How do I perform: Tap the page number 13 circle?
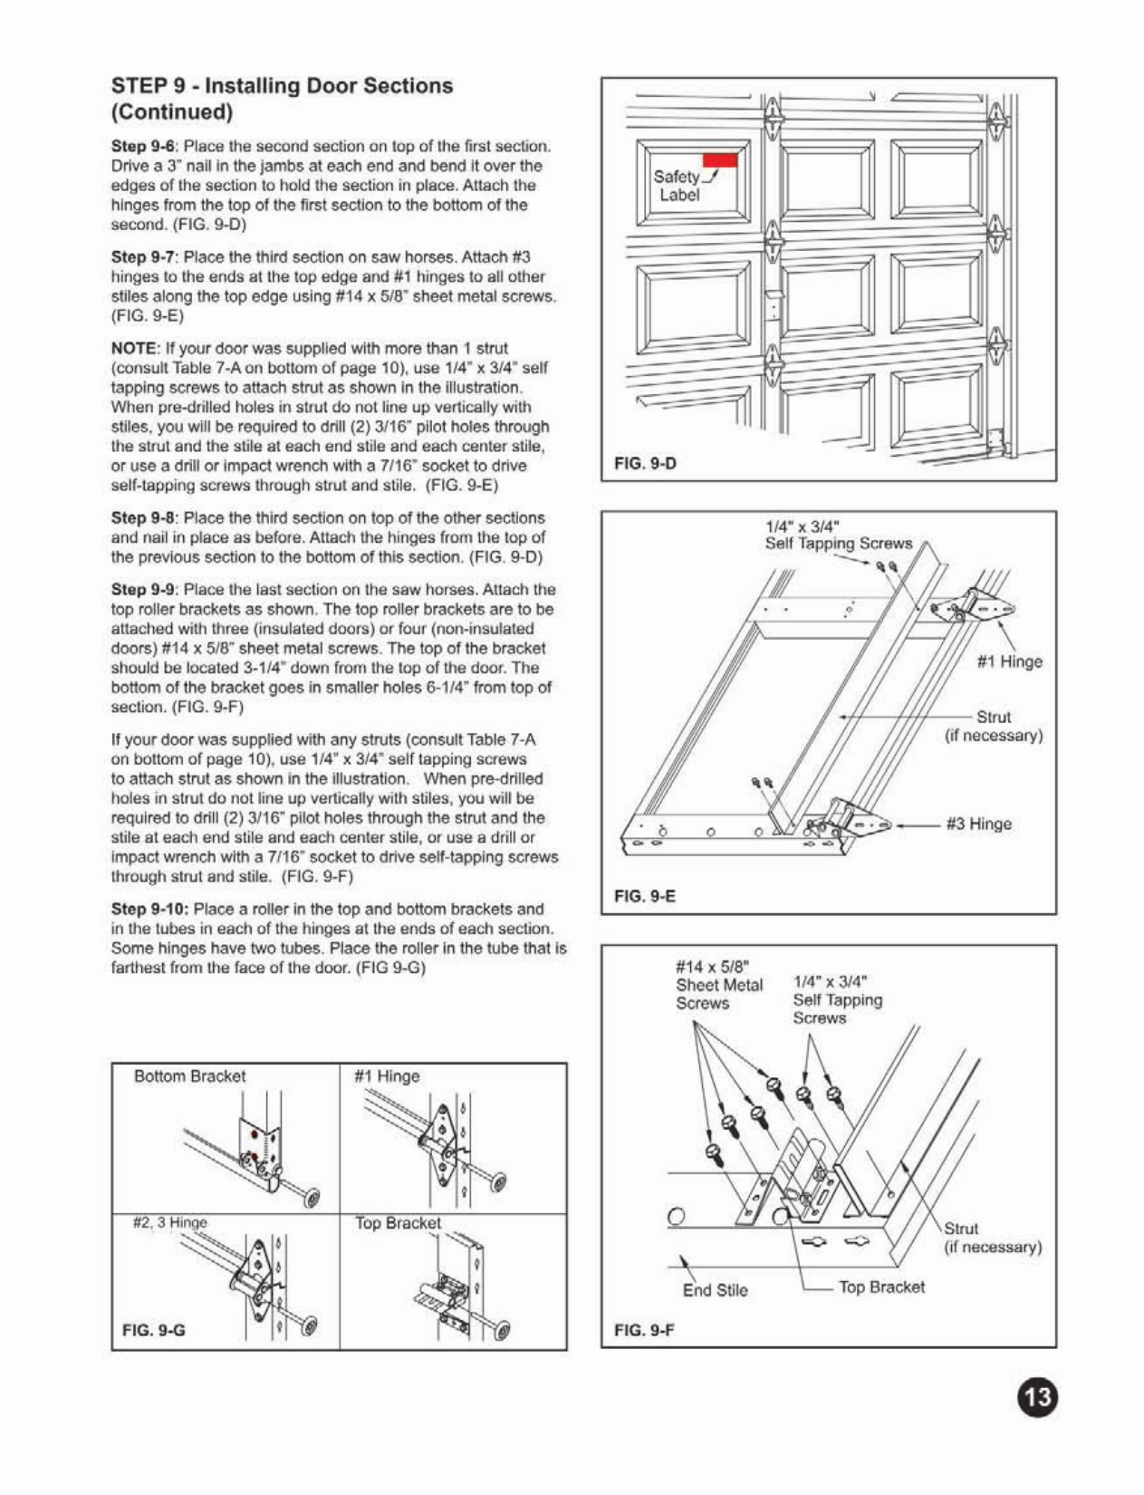(1037, 1396)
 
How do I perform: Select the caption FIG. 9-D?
(645, 464)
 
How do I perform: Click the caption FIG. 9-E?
(645, 896)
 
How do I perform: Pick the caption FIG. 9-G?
(154, 1330)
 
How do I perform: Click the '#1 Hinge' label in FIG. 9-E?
(1010, 661)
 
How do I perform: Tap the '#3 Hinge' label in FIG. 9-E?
(978, 824)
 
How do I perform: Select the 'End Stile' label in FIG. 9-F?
(715, 1290)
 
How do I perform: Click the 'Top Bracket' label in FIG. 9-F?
(881, 1287)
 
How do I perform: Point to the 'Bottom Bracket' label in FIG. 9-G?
(189, 1076)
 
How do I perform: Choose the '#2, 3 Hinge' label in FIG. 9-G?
(170, 1222)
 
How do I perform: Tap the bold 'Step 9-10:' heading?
(150, 909)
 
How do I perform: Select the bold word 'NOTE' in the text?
(135, 348)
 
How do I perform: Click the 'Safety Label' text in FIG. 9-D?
(678, 186)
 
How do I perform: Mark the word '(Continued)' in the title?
(172, 112)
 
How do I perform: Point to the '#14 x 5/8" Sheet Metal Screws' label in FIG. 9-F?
(719, 985)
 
